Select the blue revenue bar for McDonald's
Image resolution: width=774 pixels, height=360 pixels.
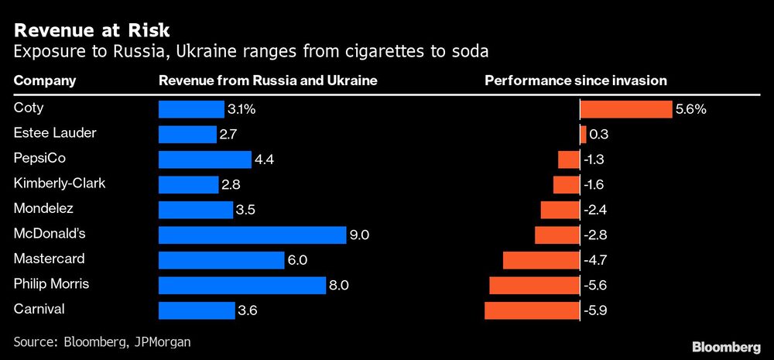coord(252,235)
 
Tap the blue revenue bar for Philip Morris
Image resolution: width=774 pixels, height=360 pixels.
coord(241,285)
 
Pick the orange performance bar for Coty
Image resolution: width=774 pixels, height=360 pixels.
coord(626,109)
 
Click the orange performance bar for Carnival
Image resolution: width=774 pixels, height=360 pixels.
coord(532,310)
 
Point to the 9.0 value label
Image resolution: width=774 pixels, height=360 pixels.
coord(359,235)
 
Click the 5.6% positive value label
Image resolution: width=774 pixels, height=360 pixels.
coord(690,109)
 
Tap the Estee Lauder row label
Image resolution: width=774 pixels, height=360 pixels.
coord(55,133)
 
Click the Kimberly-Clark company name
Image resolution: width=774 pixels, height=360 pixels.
coord(60,183)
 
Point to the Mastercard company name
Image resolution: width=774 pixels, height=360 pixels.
coord(50,259)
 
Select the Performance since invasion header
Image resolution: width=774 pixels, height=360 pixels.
coord(575,81)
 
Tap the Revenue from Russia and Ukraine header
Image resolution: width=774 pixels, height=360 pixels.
coord(268,81)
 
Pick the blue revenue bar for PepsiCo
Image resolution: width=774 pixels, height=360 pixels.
coord(204,159)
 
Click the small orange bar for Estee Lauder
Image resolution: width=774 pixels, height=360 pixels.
coord(583,134)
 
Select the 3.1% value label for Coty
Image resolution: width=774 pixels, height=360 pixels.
coord(240,109)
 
